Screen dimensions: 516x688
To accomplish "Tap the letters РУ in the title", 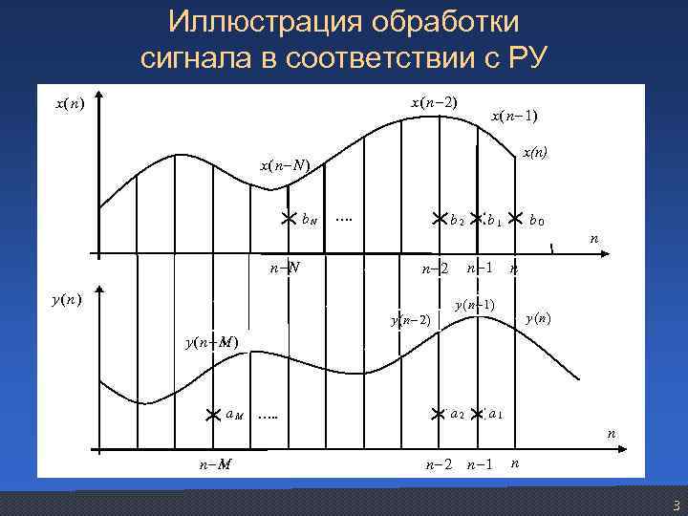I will (x=525, y=57).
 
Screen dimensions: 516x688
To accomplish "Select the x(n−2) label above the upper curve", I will (x=433, y=102).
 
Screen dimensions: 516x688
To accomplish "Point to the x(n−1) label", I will (x=514, y=117).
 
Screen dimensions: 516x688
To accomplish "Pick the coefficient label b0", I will (x=537, y=220).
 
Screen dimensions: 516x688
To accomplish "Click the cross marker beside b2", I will (x=440, y=219).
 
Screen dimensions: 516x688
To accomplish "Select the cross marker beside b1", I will (x=476, y=219).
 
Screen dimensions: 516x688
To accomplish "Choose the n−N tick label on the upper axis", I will (x=285, y=267).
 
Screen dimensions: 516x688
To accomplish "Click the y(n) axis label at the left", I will (x=66, y=300).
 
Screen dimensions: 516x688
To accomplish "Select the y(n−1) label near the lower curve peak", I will (x=474, y=305).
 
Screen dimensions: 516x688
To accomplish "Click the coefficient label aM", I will (x=236, y=414).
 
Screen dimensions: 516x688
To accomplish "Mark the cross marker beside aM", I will (x=217, y=414).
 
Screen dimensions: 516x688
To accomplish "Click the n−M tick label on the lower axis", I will (x=214, y=464).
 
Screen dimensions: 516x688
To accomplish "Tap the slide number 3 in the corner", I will (x=675, y=505).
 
